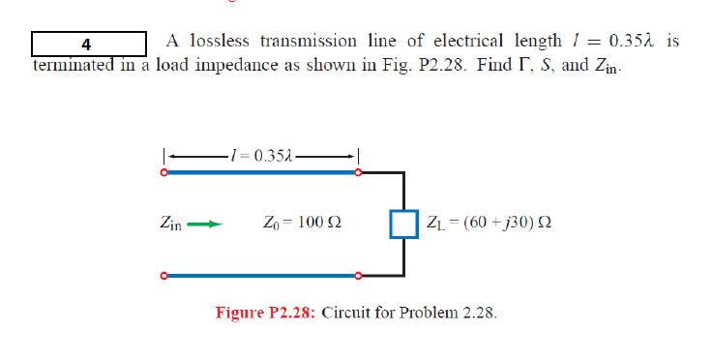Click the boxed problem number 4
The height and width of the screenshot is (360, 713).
click(x=88, y=44)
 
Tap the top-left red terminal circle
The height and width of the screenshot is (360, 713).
click(x=164, y=173)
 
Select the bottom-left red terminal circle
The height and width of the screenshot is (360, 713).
click(x=164, y=276)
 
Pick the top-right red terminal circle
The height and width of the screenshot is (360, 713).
click(x=359, y=173)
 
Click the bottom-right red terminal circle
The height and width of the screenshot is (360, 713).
click(x=359, y=276)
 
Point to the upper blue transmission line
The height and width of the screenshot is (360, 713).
click(x=261, y=173)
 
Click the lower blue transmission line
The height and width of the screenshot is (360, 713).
click(x=261, y=276)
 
